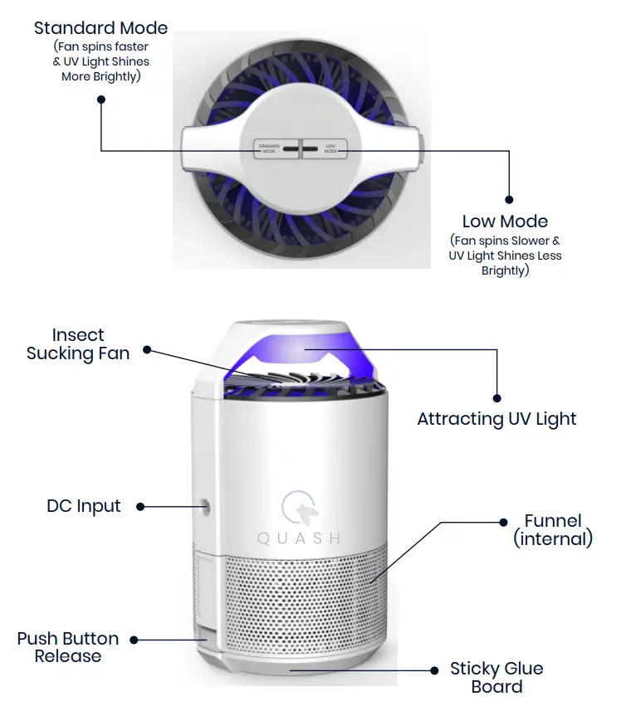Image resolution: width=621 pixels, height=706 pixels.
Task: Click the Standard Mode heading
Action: point(100,27)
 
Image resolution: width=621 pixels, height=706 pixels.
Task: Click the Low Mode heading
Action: point(505,222)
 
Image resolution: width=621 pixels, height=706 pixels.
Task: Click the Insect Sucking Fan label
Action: point(78,344)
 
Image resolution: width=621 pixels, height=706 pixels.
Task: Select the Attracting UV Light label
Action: point(496,419)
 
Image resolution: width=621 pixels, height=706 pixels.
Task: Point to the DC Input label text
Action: point(83,506)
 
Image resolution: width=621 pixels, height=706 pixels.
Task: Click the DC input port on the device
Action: point(204,505)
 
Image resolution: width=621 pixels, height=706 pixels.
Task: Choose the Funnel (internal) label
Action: point(553,530)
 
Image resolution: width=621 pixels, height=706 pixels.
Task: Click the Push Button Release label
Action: point(68,647)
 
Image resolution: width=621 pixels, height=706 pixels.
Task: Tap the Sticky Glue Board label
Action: point(497,677)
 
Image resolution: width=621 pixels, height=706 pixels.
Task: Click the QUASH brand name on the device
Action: point(299,538)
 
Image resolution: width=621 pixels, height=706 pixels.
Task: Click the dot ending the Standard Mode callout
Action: point(101,100)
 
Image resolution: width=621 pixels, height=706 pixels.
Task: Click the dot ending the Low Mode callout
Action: point(509,199)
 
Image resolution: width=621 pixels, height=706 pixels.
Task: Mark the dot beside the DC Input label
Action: point(141,506)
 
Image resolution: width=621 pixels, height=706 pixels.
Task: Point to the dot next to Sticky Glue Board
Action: point(433,669)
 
